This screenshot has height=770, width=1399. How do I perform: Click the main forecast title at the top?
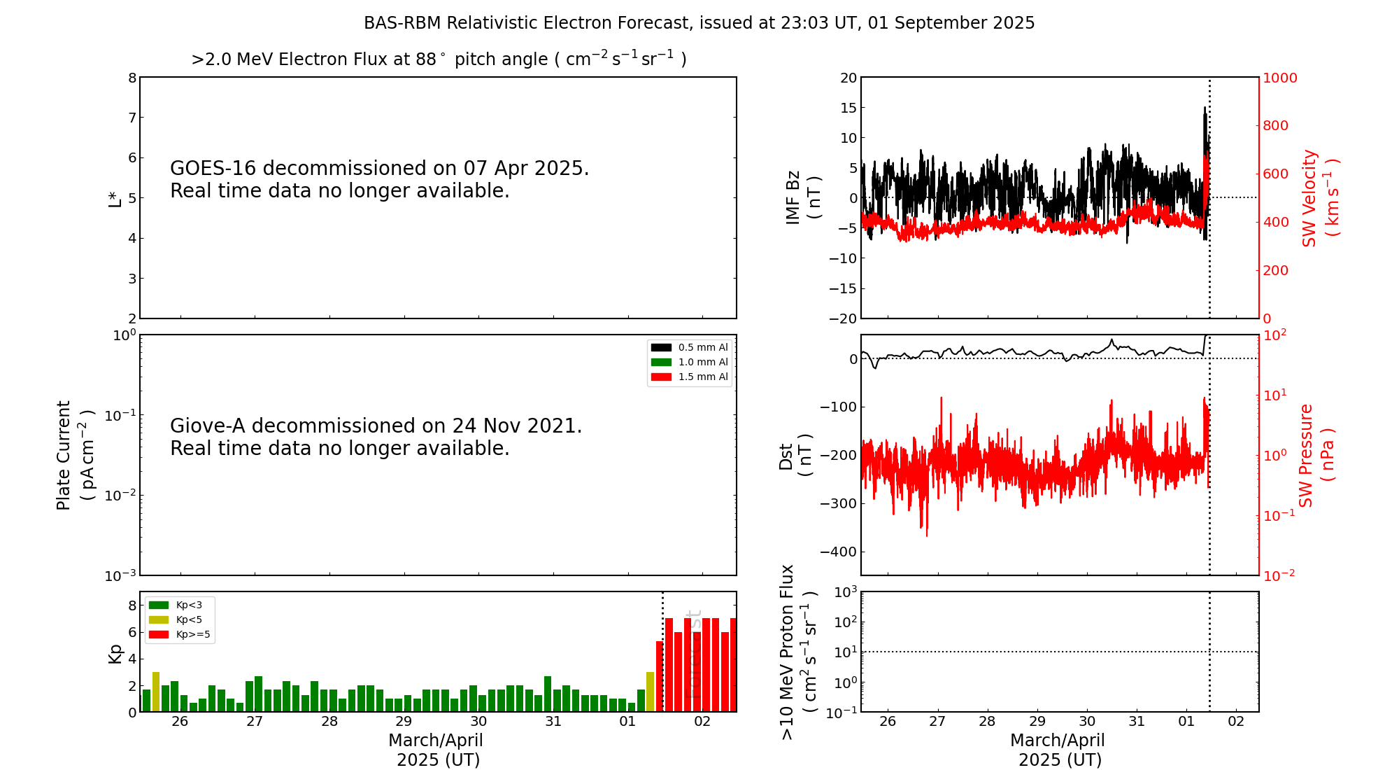(x=699, y=23)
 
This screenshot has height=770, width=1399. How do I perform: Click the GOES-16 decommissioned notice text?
(x=379, y=179)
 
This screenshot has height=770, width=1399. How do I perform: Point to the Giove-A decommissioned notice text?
(x=376, y=437)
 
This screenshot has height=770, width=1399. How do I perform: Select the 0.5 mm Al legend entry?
(x=690, y=347)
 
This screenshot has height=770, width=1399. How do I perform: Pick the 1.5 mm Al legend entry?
(x=690, y=377)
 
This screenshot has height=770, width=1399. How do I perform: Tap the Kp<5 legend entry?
(x=179, y=619)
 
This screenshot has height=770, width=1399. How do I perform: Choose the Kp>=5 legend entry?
(x=179, y=635)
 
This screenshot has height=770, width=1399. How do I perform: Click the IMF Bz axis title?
(x=802, y=197)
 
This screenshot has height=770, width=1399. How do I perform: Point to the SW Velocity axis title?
(x=1319, y=197)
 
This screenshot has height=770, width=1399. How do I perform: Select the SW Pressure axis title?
(x=1316, y=455)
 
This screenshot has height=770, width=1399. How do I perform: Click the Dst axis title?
(x=795, y=455)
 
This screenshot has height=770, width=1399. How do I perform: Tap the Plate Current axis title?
(x=73, y=455)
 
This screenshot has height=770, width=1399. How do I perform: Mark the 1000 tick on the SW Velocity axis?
(x=1279, y=78)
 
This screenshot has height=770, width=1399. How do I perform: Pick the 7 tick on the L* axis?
(x=132, y=118)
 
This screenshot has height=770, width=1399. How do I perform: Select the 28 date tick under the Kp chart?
(x=329, y=722)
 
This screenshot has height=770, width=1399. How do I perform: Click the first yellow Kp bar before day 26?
(x=156, y=692)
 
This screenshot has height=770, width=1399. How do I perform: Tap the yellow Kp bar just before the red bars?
(x=650, y=692)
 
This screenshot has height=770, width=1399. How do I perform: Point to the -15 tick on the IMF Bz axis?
(x=842, y=288)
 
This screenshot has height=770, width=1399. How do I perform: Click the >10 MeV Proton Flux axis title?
(x=797, y=652)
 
